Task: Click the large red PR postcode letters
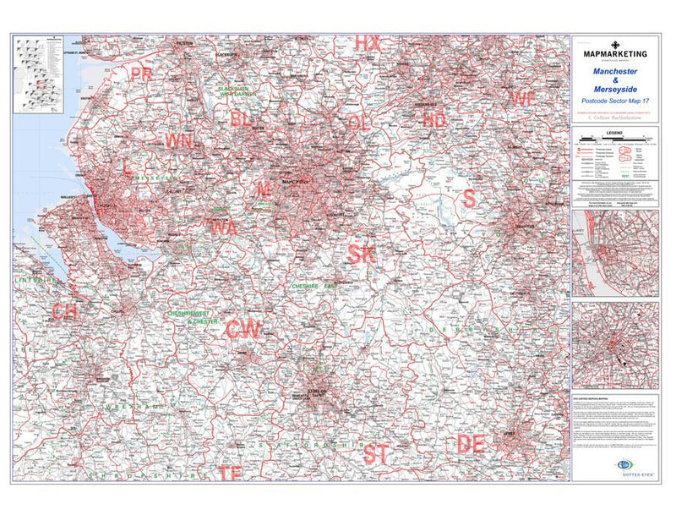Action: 141,74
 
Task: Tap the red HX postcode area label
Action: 367,42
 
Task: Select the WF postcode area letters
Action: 522,98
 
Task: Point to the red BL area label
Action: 241,119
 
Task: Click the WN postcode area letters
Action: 178,140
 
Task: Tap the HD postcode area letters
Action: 433,120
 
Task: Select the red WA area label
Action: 223,227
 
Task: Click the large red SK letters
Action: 361,252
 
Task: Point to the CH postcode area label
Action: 64,312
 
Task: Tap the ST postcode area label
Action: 376,453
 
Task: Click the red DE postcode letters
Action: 470,443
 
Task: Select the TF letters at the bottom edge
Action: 230,474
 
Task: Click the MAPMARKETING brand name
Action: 616,54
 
